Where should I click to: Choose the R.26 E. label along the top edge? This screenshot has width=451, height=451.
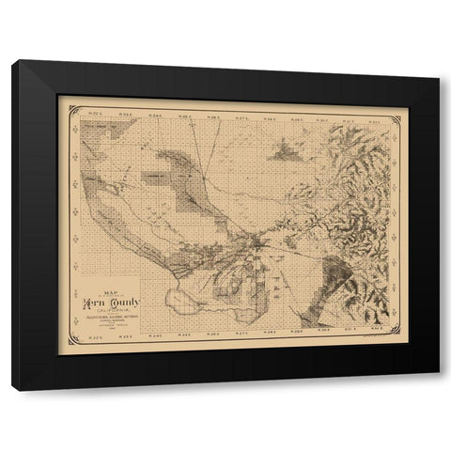click(x=213, y=117)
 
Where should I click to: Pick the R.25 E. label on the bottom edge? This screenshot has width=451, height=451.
click(x=185, y=332)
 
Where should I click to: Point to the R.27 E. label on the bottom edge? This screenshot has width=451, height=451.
click(x=241, y=332)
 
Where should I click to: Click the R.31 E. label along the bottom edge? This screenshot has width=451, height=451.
click(x=350, y=330)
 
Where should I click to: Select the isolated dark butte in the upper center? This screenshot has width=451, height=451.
click(x=284, y=148)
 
